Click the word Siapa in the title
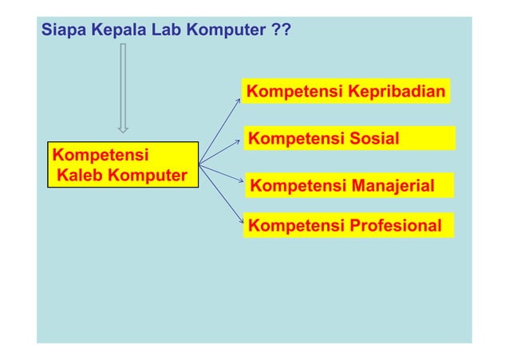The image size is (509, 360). point(62,32)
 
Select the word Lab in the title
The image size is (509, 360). point(153,32)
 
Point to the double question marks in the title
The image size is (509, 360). point(281,32)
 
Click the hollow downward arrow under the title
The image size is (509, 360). point(123,87)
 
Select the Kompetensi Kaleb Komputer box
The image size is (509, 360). point(123,164)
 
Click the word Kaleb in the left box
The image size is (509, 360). point(78,174)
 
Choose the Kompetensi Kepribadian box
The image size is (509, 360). point(346,93)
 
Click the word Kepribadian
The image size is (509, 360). point(396,93)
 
